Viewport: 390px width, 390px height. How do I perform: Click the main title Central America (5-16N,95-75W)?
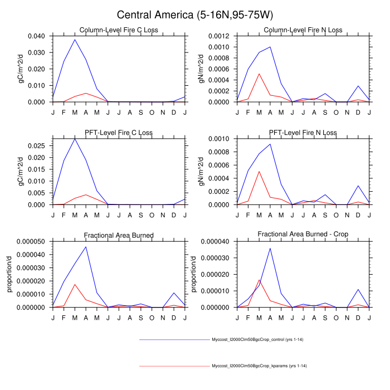194,14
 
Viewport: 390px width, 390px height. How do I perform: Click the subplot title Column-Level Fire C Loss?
118,30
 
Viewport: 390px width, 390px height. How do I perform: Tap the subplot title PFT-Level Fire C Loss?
118,133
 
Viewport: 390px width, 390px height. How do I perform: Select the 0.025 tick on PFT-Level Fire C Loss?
38,145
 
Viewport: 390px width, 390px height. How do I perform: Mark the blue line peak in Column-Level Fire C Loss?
75,40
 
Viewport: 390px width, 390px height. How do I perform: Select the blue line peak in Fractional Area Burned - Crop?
270,248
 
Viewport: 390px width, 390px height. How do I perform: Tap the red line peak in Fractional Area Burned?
75,284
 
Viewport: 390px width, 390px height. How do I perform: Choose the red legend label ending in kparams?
260,366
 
